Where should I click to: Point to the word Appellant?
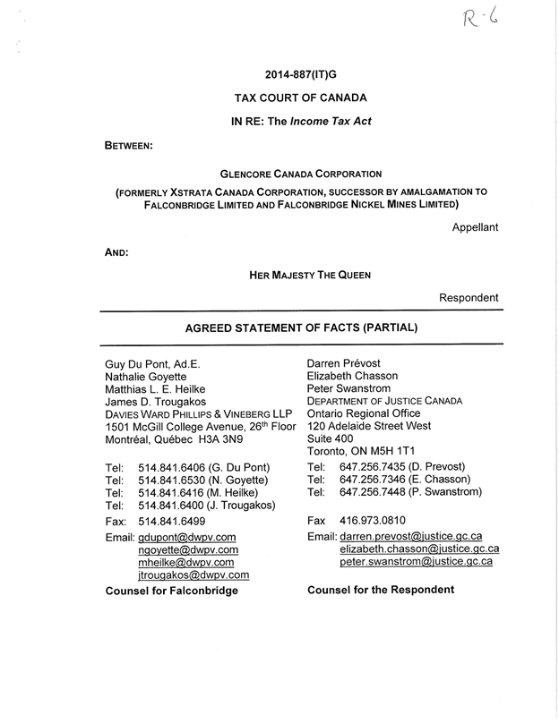(475, 227)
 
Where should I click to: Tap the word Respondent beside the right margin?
(469, 297)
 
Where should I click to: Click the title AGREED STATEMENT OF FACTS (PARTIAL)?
(301, 327)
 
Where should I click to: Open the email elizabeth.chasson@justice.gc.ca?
(419, 549)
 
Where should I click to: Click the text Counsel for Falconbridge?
(172, 591)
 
